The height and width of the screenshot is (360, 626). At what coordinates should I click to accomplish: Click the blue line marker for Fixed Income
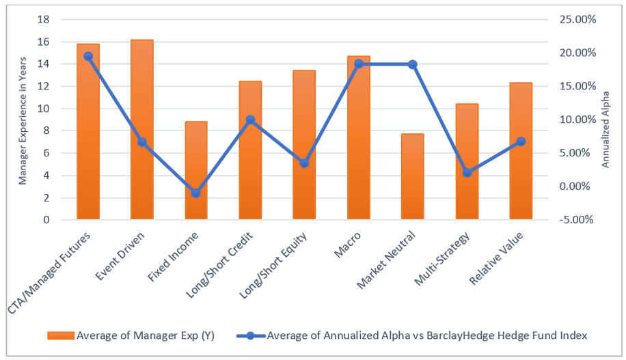tap(196, 193)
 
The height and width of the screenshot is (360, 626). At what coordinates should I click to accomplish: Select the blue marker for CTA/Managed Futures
tap(88, 56)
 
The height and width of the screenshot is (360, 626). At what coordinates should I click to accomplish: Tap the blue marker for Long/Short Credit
tap(250, 120)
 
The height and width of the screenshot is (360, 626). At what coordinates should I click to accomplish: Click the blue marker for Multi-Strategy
tap(467, 173)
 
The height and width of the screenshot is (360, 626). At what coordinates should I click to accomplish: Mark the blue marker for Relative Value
tap(521, 141)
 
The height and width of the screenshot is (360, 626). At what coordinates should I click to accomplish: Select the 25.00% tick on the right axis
tap(579, 20)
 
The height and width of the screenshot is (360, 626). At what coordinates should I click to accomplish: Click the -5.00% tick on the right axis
tap(579, 220)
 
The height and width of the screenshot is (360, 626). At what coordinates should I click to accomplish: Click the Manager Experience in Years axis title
tap(22, 120)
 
